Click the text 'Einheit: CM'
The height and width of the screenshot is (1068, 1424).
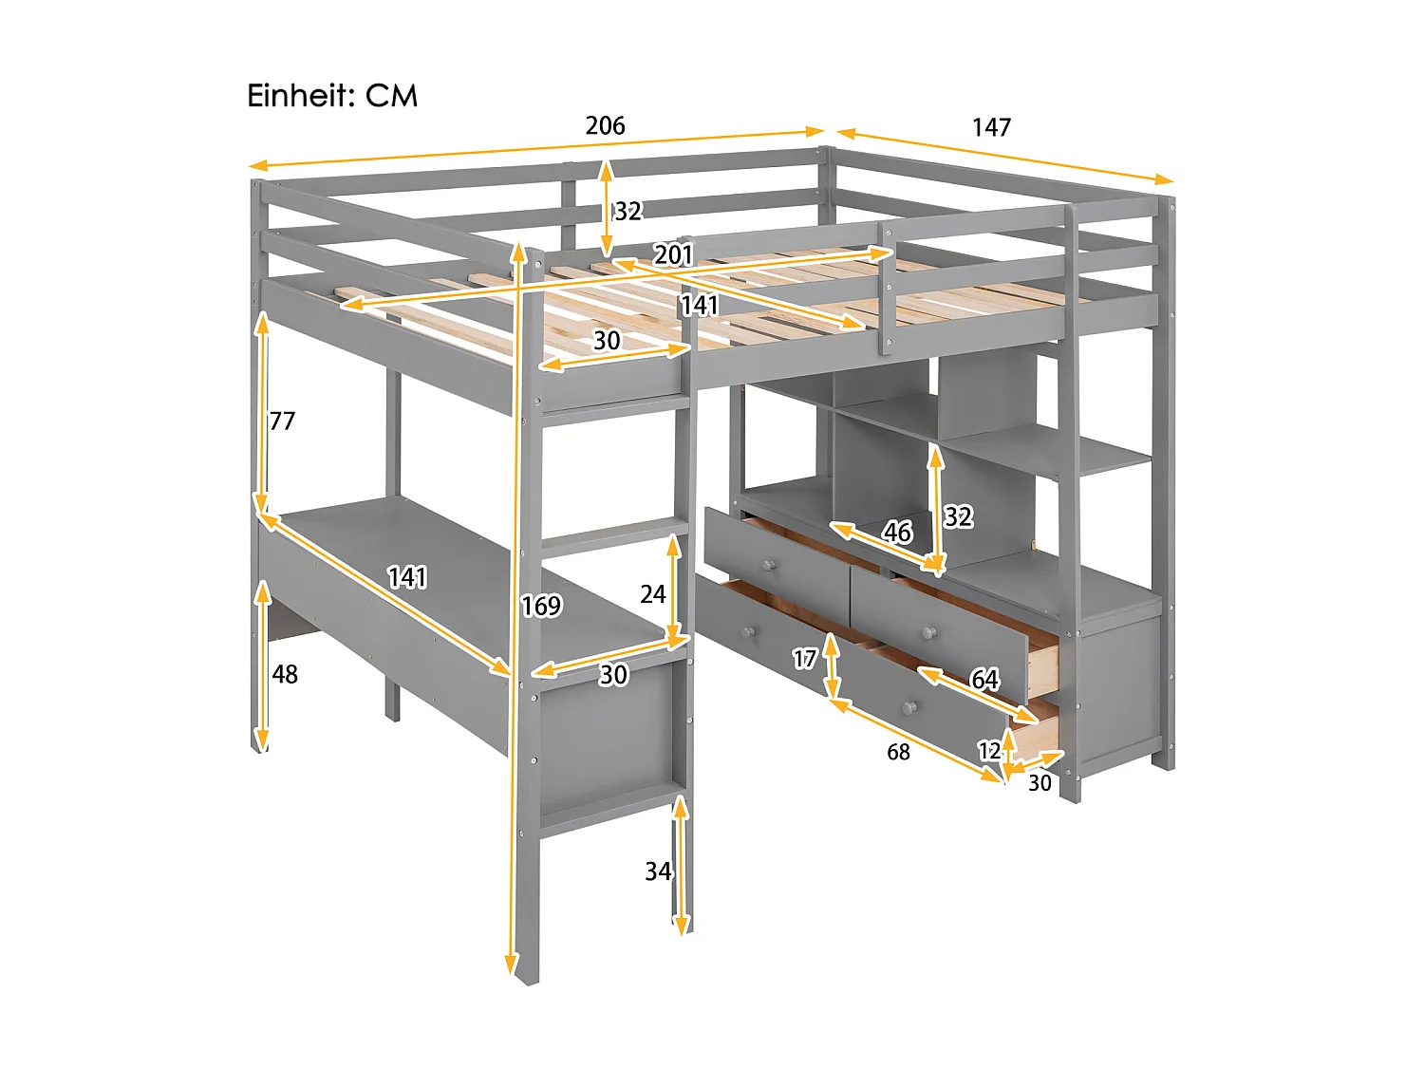tap(332, 96)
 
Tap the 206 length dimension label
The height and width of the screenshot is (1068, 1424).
tap(605, 125)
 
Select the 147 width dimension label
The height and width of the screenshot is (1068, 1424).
tap(991, 127)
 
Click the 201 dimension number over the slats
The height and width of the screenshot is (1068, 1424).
tap(673, 254)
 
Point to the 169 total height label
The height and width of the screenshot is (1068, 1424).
tap(541, 606)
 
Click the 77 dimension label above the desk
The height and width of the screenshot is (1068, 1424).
tap(282, 421)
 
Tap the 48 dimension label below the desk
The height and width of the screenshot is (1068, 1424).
tap(285, 674)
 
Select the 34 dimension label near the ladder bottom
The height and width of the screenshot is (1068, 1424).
tap(658, 871)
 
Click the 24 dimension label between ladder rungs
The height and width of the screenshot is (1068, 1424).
tap(652, 594)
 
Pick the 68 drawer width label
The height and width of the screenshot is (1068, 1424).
tap(898, 752)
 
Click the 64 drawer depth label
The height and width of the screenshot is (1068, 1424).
tap(984, 679)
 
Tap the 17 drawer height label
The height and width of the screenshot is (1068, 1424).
tap(805, 658)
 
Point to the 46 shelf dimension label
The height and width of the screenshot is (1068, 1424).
tap(897, 532)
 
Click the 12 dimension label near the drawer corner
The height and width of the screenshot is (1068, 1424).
tap(989, 751)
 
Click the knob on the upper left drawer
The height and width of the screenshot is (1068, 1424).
tap(768, 566)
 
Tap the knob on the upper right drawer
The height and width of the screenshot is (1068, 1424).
tap(929, 632)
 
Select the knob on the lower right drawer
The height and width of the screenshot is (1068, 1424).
tap(909, 708)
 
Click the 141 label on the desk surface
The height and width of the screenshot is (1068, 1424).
tap(407, 577)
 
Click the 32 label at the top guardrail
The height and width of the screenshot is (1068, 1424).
tap(628, 211)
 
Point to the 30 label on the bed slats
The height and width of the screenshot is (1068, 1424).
tap(607, 340)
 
